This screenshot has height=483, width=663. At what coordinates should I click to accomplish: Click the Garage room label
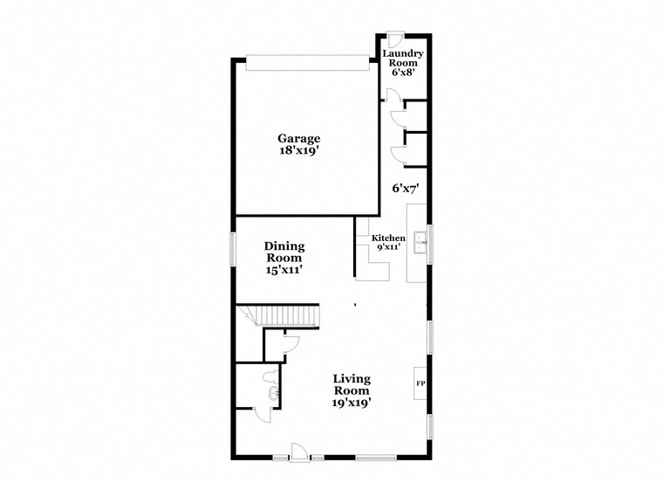click(x=299, y=138)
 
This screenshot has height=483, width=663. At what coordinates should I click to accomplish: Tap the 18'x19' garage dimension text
click(x=299, y=150)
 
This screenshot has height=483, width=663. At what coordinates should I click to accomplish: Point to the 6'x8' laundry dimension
click(x=402, y=72)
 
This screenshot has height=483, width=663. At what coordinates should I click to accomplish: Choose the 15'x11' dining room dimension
click(x=284, y=270)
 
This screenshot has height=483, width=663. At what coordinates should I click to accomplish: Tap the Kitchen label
click(x=388, y=238)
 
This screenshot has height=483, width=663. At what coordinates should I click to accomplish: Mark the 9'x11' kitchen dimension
click(x=388, y=248)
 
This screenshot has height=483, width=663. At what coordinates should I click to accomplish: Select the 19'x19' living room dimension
click(x=352, y=404)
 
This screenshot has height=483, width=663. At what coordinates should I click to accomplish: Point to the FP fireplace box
click(x=420, y=384)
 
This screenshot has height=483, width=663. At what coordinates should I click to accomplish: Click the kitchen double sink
click(x=420, y=241)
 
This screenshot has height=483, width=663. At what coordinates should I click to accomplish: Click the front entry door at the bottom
click(x=298, y=452)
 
